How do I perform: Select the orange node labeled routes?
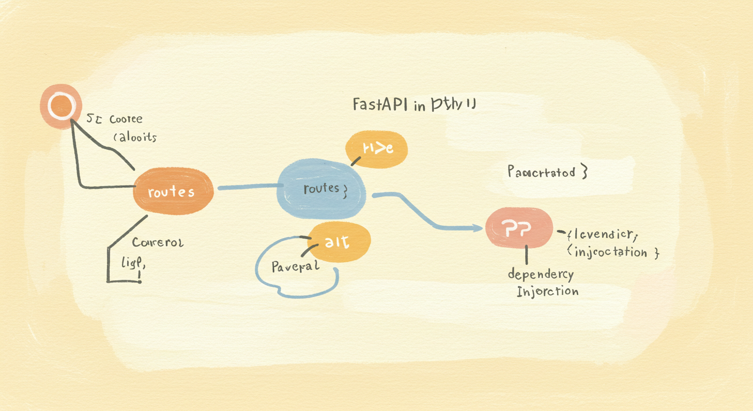point(173,192)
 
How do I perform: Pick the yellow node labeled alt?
point(339,242)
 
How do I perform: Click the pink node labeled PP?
point(518,228)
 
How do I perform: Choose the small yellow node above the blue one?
point(377,149)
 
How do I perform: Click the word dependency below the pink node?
point(540,275)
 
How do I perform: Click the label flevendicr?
point(602,234)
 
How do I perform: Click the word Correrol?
point(158,242)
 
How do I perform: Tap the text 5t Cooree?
point(114,119)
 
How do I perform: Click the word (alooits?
point(135,137)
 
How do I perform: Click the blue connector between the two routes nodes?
point(249,187)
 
